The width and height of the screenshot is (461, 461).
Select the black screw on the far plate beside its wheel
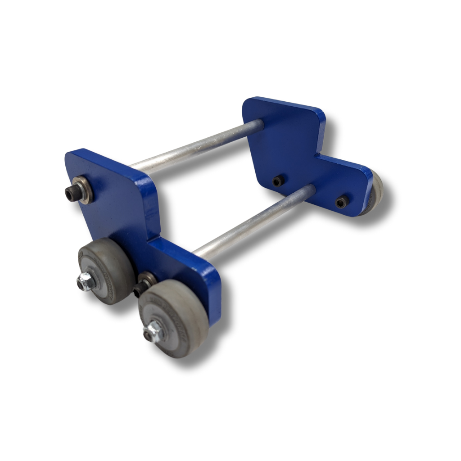[342, 202]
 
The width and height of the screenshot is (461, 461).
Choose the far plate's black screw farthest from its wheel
[278, 181]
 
